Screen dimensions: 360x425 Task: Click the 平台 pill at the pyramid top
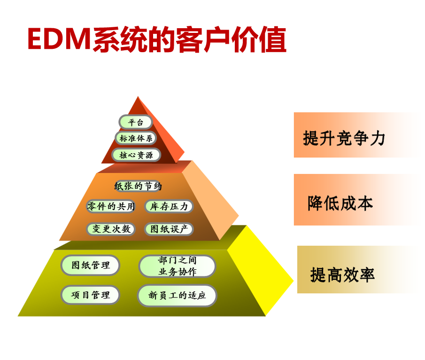click(x=136, y=122)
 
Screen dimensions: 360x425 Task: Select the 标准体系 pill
click(x=136, y=138)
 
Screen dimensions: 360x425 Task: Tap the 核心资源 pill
click(x=136, y=155)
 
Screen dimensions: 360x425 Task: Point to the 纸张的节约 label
click(x=138, y=187)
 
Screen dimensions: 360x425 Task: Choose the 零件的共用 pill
click(x=111, y=206)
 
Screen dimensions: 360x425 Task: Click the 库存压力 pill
click(x=169, y=206)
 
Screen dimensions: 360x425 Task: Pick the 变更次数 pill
click(x=111, y=229)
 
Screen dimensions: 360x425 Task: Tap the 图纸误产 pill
click(x=169, y=229)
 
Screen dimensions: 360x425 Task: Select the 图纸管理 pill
click(x=90, y=265)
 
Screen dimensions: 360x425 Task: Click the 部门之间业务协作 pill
click(x=177, y=266)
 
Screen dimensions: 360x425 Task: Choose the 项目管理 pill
click(x=90, y=295)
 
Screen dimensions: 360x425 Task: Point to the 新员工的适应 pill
click(x=177, y=296)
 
